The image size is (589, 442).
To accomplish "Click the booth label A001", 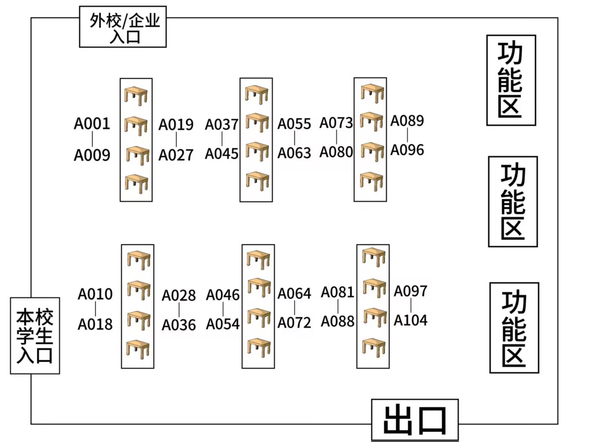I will tap(92, 124).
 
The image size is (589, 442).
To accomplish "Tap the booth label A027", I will tap(176, 155).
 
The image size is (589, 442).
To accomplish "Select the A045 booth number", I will tap(221, 154).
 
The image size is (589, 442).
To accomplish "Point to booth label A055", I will tap(294, 124).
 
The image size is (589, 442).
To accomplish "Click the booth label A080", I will tap(336, 152).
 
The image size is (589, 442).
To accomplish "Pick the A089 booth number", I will tap(407, 121).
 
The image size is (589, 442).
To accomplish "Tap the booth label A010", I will tap(95, 294).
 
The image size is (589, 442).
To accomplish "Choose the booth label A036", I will tap(178, 325).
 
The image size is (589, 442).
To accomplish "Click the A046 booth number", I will tap(223, 295).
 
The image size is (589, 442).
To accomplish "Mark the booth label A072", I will tap(294, 323).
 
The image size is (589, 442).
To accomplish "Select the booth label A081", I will tap(338, 292).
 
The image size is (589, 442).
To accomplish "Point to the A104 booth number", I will tap(411, 320).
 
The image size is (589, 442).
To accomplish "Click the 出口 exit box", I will tap(415, 420).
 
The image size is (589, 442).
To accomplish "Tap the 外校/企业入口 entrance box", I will tap(123, 27).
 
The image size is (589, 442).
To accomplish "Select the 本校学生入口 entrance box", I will tap(35, 336).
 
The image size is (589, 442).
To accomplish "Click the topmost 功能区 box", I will tap(511, 80).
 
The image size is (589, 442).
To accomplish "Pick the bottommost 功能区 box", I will tap(514, 328).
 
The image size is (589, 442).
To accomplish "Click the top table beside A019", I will tap(136, 96).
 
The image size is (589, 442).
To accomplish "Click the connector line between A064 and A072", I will tap(294, 308).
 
